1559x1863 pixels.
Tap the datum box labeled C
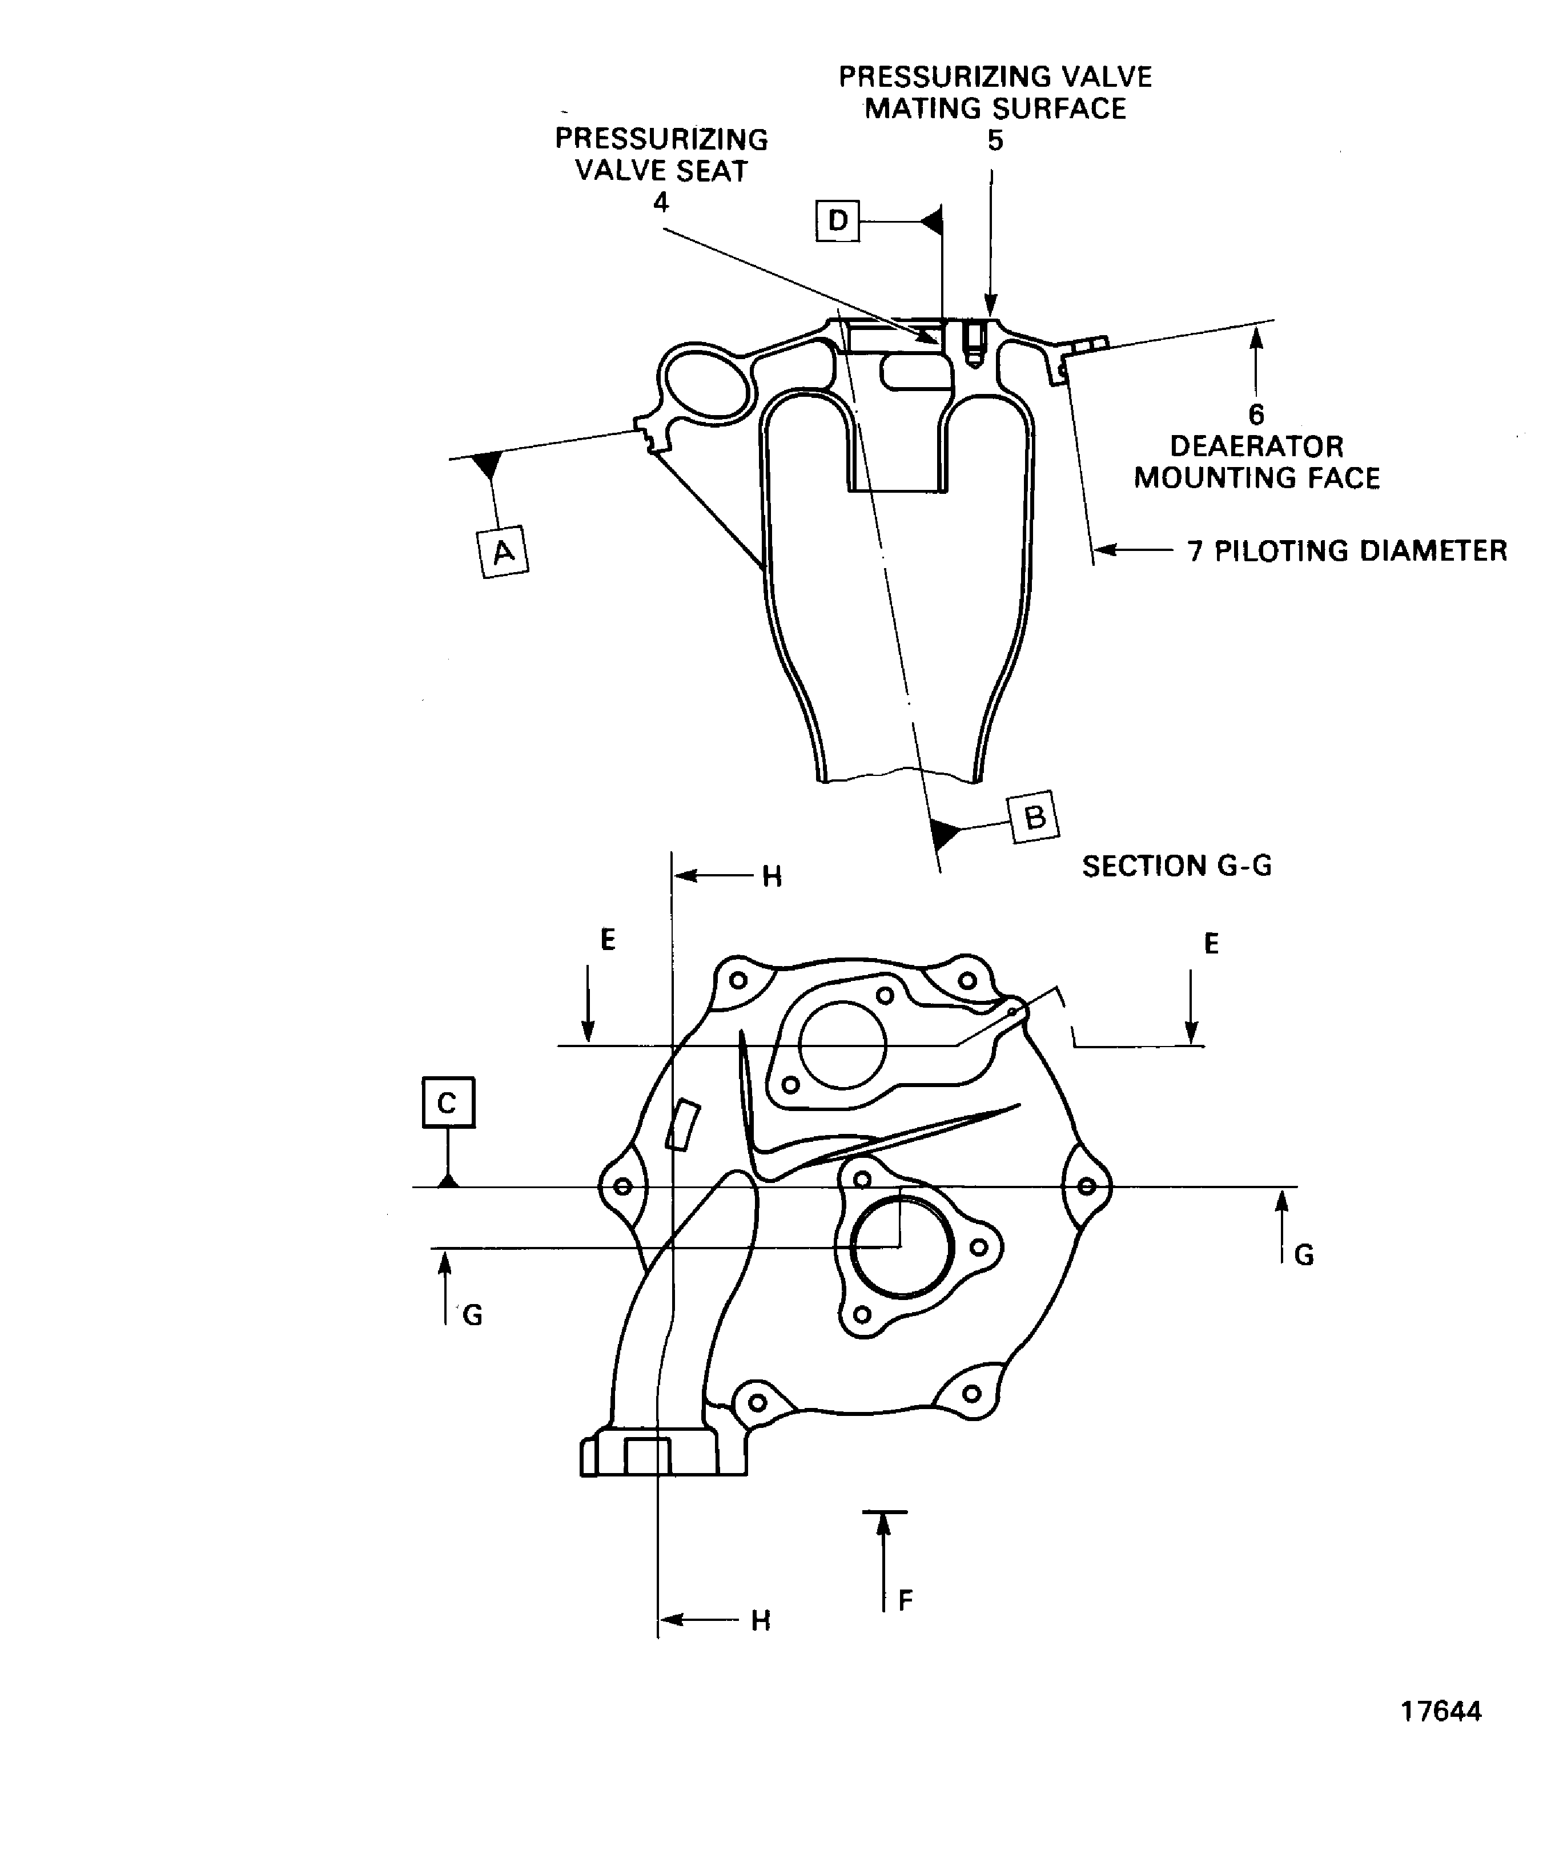[448, 1102]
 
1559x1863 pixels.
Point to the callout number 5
[995, 140]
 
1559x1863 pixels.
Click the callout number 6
[1256, 415]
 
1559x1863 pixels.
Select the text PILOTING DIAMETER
[1360, 551]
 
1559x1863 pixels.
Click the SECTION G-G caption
[1176, 866]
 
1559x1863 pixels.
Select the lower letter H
[761, 1621]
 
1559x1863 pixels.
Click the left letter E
[608, 939]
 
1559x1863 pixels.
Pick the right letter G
[1304, 1256]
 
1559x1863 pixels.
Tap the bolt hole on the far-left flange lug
[623, 1186]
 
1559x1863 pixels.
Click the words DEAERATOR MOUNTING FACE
[1256, 462]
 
